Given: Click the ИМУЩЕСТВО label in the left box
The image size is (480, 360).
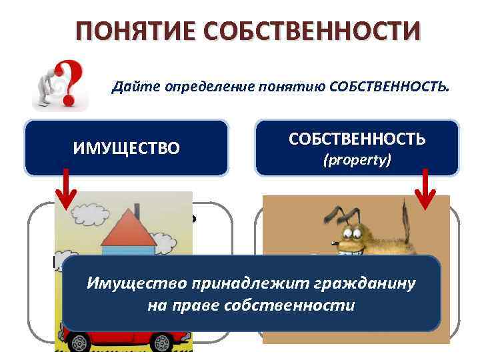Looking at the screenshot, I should coord(126,148).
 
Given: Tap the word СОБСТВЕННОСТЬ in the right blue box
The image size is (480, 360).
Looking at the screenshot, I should coord(357,139).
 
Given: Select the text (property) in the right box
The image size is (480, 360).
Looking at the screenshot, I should coord(357,161).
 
